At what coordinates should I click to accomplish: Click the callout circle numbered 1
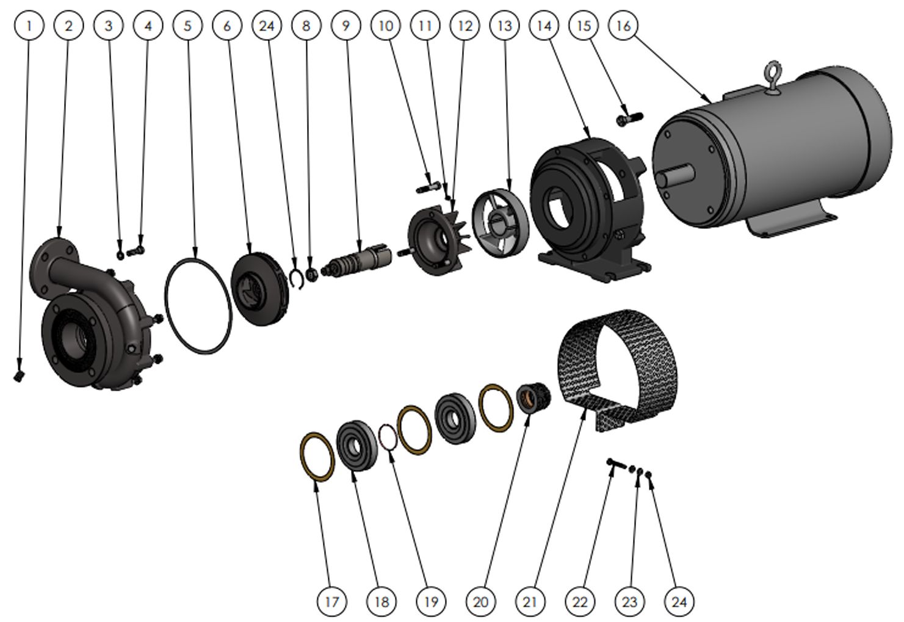(29, 26)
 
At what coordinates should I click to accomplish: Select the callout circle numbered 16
(623, 26)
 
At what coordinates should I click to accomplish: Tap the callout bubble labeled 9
(345, 26)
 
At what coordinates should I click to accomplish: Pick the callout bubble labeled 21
(530, 602)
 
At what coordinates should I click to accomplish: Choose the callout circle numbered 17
(331, 602)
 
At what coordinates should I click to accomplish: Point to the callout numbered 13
(504, 26)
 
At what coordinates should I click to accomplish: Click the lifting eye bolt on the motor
(772, 78)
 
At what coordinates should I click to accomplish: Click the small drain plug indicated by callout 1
(18, 376)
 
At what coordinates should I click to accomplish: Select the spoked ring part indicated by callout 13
(501, 223)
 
